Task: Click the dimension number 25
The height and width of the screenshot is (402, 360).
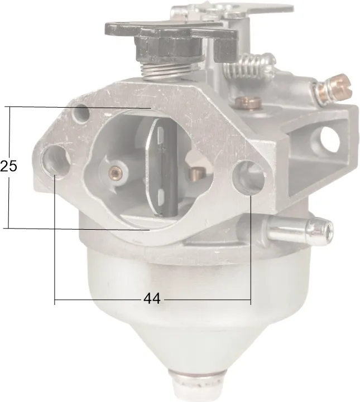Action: tap(8, 166)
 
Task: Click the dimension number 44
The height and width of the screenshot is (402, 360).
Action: tap(152, 299)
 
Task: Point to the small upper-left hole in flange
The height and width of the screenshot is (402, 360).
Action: tap(80, 113)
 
